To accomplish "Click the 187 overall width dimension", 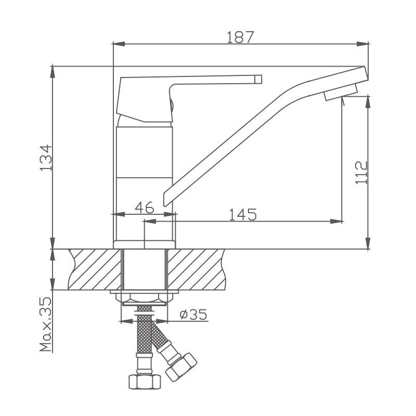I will [x=240, y=37].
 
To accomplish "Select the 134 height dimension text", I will [x=46, y=157].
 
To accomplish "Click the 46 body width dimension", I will [x=145, y=208].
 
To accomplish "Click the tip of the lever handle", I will [x=257, y=79].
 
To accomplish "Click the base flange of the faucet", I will [x=145, y=244].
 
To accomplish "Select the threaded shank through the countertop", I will [x=145, y=269].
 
